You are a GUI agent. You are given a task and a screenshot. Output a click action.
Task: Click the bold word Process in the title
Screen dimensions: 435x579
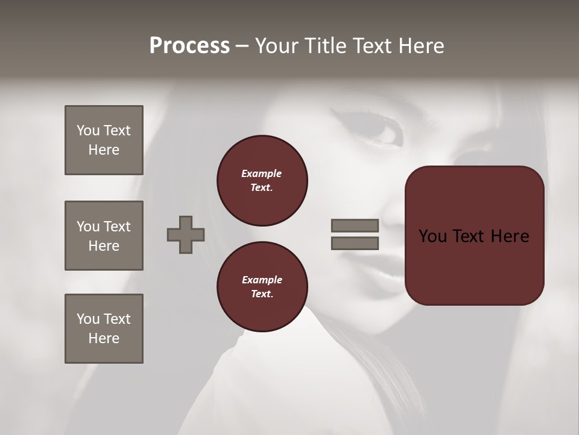pos(189,46)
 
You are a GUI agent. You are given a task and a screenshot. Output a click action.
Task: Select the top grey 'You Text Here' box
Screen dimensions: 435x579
pos(104,140)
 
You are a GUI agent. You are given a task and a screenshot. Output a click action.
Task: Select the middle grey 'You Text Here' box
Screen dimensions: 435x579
pos(104,236)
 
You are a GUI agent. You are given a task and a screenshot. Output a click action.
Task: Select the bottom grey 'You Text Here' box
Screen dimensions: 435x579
pos(104,329)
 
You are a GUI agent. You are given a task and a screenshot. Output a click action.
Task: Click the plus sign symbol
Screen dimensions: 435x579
pos(186,234)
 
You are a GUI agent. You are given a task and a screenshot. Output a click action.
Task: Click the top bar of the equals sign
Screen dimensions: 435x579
pos(355,225)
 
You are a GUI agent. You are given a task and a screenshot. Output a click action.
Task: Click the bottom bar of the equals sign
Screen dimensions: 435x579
pos(355,243)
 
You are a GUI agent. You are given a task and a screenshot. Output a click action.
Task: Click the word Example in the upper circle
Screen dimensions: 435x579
pos(261,173)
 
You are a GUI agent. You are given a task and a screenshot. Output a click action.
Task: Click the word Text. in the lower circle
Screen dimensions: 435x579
pos(262,294)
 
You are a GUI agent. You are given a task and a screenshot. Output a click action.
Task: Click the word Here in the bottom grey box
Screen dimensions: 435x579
pos(104,338)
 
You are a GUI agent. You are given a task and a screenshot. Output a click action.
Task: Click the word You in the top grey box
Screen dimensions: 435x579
pos(88,130)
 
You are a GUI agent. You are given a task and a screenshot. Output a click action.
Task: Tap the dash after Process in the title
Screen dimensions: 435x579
pos(242,47)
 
